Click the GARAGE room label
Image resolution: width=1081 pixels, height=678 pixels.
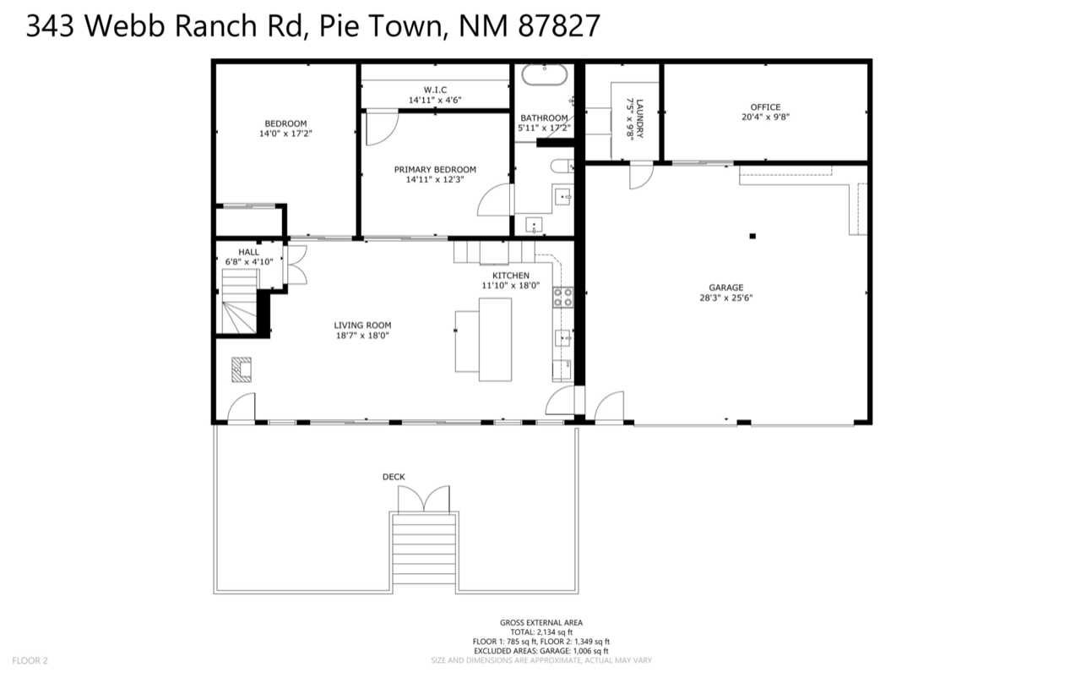725,287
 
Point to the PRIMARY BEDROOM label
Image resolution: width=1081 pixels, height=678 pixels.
435,169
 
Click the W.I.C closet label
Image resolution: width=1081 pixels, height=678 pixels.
435,90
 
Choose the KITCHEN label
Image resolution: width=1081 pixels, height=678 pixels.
511,276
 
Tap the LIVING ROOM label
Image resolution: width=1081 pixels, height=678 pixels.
362,325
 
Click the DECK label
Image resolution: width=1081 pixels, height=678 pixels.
394,477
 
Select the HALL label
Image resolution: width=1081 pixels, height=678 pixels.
248,252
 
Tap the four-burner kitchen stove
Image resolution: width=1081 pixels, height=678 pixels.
562,297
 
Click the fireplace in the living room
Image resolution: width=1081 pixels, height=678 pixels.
242,369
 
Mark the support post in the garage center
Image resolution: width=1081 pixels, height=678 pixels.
752,236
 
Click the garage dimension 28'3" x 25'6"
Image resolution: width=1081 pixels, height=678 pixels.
725,298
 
